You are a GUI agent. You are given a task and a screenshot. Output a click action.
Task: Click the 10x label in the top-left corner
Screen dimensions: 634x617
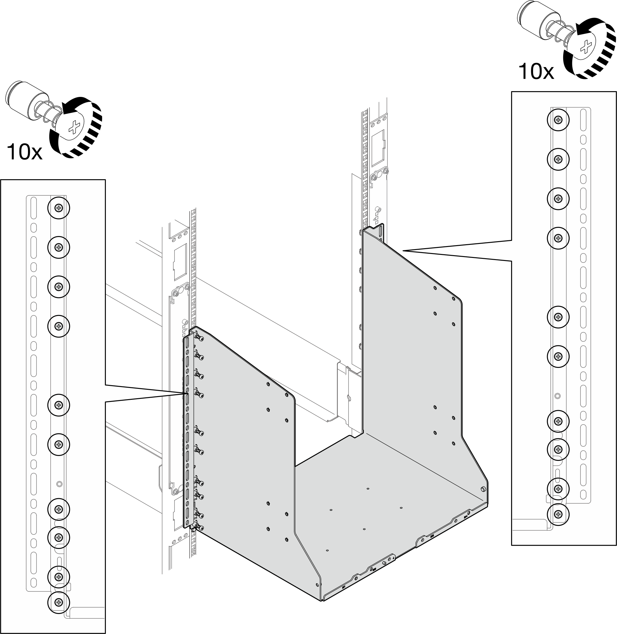point(25,152)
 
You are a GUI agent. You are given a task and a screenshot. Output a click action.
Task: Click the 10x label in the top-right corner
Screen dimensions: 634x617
point(536,72)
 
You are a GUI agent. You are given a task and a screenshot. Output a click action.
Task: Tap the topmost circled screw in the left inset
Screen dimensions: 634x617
point(59,208)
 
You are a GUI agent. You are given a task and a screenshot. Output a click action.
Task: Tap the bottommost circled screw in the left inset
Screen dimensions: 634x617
point(59,602)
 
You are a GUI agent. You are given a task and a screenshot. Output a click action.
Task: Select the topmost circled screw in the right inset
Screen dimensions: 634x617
point(558,120)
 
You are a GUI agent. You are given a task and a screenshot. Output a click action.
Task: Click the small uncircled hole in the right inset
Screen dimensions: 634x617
point(557,396)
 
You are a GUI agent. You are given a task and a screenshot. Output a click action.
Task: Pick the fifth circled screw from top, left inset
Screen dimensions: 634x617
point(59,405)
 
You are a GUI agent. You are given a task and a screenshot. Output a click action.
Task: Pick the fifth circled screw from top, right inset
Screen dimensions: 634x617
point(558,317)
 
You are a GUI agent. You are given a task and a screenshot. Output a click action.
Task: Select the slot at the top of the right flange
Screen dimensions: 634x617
point(380,232)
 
